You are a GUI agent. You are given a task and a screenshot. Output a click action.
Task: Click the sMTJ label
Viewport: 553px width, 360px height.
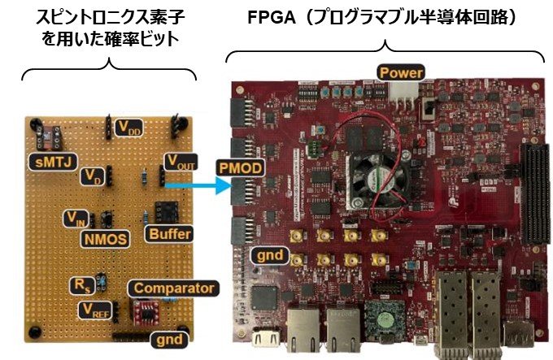pyautogui.click(x=53, y=162)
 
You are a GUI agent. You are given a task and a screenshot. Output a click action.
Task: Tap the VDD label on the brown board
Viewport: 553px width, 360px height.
pyautogui.click(x=129, y=128)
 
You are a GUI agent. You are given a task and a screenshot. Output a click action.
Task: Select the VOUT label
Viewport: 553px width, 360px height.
pyautogui.click(x=181, y=162)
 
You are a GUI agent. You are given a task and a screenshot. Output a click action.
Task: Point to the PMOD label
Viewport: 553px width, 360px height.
pyautogui.click(x=241, y=168)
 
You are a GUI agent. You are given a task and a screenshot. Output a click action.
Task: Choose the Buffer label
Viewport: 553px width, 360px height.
pyautogui.click(x=169, y=234)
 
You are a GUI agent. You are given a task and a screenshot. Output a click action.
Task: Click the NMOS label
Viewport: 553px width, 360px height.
pyautogui.click(x=106, y=240)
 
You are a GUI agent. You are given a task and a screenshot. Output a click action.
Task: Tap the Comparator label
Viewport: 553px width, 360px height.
pyautogui.click(x=173, y=288)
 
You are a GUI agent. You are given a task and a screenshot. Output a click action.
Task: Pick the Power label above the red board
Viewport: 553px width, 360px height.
pyautogui.click(x=401, y=73)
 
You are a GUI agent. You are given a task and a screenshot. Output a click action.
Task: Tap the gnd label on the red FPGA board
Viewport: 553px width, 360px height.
pyautogui.click(x=270, y=255)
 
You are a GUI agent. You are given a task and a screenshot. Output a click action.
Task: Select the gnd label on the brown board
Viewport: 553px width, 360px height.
pyautogui.click(x=169, y=340)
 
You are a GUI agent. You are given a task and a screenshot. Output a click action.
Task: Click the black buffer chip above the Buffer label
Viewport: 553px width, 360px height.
pyautogui.click(x=167, y=211)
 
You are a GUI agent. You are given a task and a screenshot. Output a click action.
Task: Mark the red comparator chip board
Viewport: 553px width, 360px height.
pyautogui.click(x=146, y=313)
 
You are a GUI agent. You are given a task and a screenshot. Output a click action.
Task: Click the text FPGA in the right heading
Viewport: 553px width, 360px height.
pyautogui.click(x=271, y=18)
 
